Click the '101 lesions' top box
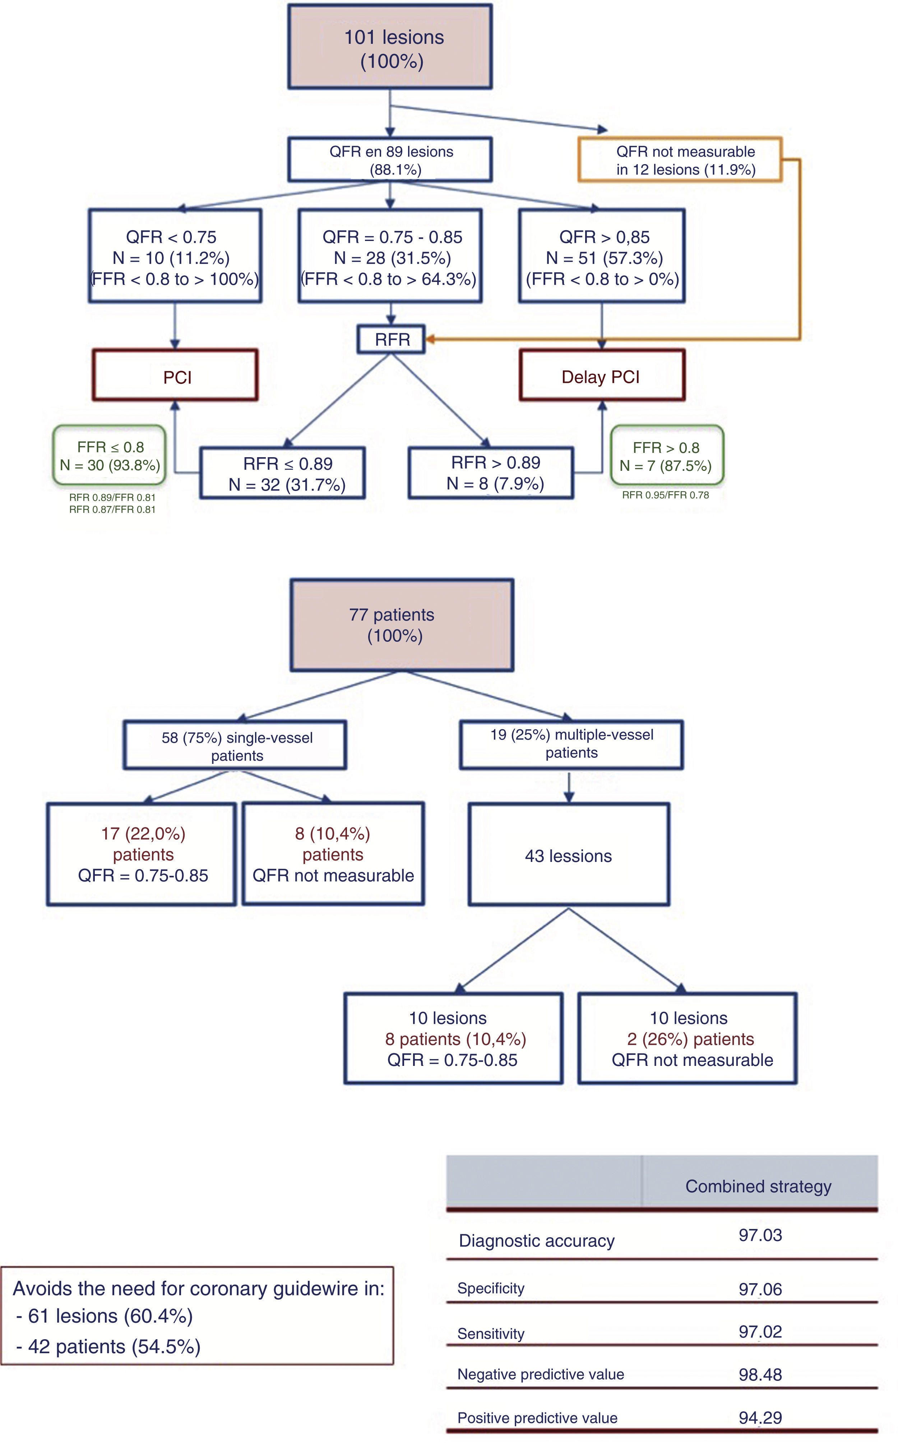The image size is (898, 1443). click(390, 47)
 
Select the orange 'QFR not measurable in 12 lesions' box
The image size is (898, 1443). click(680, 160)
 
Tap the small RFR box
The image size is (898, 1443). click(392, 340)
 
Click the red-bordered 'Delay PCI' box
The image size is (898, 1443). click(602, 376)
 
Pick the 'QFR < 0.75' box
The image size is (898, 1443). click(175, 256)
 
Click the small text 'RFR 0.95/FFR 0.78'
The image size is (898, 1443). click(665, 495)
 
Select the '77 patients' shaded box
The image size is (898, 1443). click(402, 625)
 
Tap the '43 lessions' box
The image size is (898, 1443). click(568, 856)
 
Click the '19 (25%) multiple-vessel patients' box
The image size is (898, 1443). click(571, 744)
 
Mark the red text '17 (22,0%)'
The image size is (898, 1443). click(143, 834)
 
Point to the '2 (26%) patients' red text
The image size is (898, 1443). click(691, 1039)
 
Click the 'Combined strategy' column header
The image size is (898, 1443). click(758, 1186)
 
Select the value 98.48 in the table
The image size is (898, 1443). click(760, 1375)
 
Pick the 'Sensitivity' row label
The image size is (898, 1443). click(491, 1334)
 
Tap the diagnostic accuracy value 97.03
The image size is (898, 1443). click(760, 1235)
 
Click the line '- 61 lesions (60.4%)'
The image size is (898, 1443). click(105, 1316)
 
